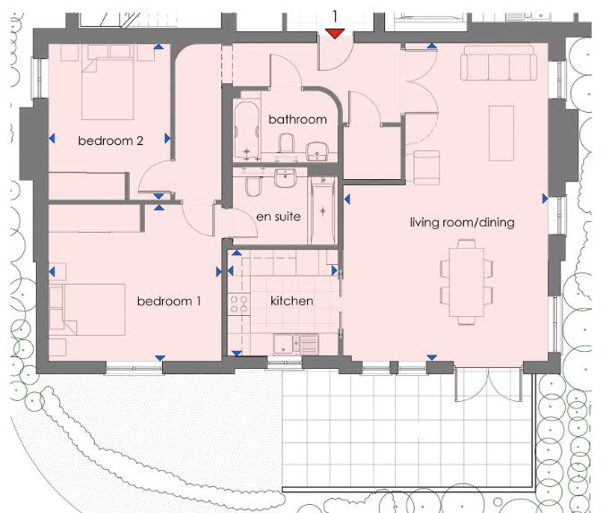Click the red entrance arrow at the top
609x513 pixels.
[335, 34]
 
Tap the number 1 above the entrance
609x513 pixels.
[335, 15]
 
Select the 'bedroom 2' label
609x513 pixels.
[111, 140]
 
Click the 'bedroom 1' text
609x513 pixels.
[168, 301]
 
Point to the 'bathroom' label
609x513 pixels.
[297, 119]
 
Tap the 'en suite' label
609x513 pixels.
[279, 216]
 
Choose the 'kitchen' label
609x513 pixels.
[292, 301]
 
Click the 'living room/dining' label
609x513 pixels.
[462, 222]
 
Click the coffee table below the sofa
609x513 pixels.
[501, 121]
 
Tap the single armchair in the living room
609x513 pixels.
[425, 167]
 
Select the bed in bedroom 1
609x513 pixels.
[88, 309]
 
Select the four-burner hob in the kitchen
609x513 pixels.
[239, 304]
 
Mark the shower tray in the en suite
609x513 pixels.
[322, 211]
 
